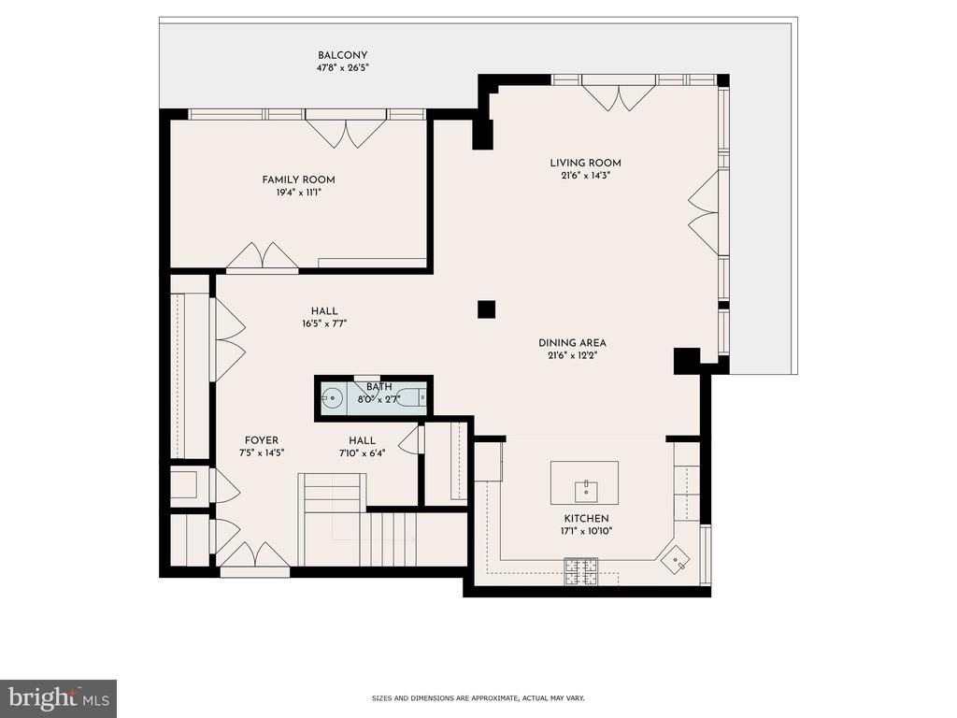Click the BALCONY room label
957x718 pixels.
[x=342, y=55]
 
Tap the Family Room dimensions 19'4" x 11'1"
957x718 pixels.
[x=298, y=193]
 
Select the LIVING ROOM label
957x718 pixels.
[x=585, y=163]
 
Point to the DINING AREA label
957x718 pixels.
[x=572, y=343]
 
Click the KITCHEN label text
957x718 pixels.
[x=586, y=518]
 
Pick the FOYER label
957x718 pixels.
[x=262, y=440]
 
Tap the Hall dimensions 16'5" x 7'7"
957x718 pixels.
[x=324, y=323]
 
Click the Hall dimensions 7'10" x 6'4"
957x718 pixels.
[x=362, y=453]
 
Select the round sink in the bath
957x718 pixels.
[x=333, y=398]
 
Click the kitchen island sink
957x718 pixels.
[x=585, y=490]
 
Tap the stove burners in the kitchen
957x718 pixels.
[x=580, y=572]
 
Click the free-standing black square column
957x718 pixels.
[x=486, y=309]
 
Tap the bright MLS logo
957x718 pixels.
[x=58, y=698]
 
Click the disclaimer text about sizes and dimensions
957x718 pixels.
[x=478, y=697]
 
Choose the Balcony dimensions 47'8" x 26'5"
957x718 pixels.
[x=342, y=67]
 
